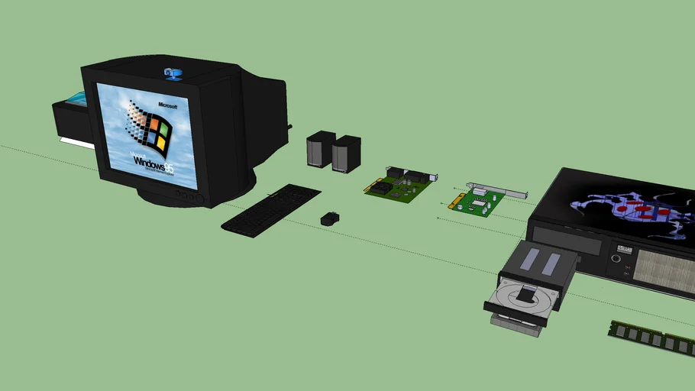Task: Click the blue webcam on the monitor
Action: click(173, 73)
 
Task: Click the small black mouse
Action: click(329, 218)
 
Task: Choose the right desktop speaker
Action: click(345, 153)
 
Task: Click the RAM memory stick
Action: click(651, 338)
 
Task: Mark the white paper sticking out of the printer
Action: click(74, 142)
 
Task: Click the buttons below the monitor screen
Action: click(188, 196)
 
